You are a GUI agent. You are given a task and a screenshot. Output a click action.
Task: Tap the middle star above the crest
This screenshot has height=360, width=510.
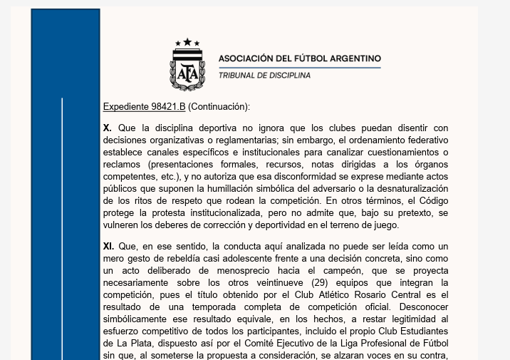click(x=187, y=42)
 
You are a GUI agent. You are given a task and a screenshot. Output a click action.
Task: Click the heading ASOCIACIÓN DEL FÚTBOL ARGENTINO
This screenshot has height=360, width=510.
click(x=299, y=58)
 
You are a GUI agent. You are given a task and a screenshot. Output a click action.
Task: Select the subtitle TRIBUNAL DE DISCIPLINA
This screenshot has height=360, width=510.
click(x=264, y=75)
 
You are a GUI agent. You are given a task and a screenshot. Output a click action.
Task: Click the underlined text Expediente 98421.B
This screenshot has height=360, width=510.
click(x=144, y=107)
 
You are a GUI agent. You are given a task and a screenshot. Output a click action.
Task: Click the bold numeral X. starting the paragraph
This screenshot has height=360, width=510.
click(x=108, y=128)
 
